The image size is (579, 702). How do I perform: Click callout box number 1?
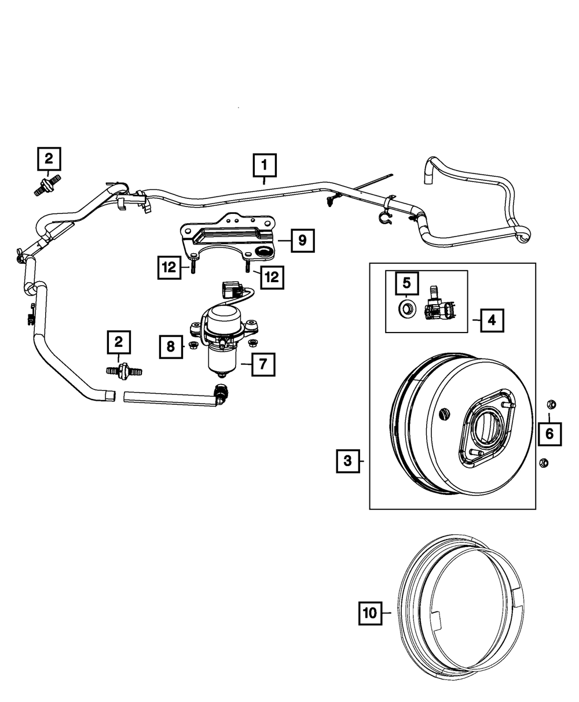pyautogui.click(x=264, y=165)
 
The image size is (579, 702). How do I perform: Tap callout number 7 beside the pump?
pyautogui.click(x=263, y=364)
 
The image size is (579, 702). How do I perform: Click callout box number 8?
pyautogui.click(x=170, y=346)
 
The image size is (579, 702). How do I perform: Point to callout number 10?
pyautogui.click(x=371, y=613)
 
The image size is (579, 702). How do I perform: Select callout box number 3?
pyautogui.click(x=347, y=461)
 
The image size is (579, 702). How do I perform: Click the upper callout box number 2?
pyautogui.click(x=49, y=158)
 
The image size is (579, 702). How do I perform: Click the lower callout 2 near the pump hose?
pyautogui.click(x=119, y=342)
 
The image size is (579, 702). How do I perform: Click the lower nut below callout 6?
pyautogui.click(x=543, y=462)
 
